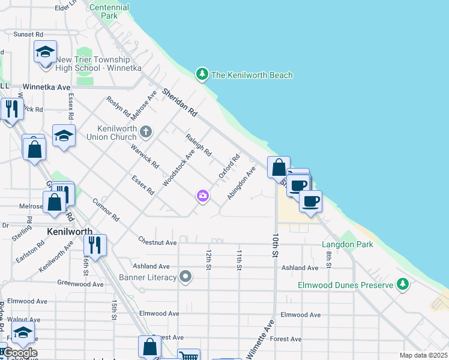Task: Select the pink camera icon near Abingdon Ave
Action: (x=202, y=196)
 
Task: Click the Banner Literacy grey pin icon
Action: (x=186, y=277)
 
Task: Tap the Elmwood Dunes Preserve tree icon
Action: (x=405, y=284)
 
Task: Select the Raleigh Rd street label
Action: (x=199, y=145)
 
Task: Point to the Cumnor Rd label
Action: (x=106, y=210)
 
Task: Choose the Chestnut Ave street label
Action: (x=157, y=242)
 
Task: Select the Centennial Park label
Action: (x=109, y=11)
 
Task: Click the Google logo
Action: (x=20, y=353)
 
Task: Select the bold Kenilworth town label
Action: (x=70, y=231)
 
